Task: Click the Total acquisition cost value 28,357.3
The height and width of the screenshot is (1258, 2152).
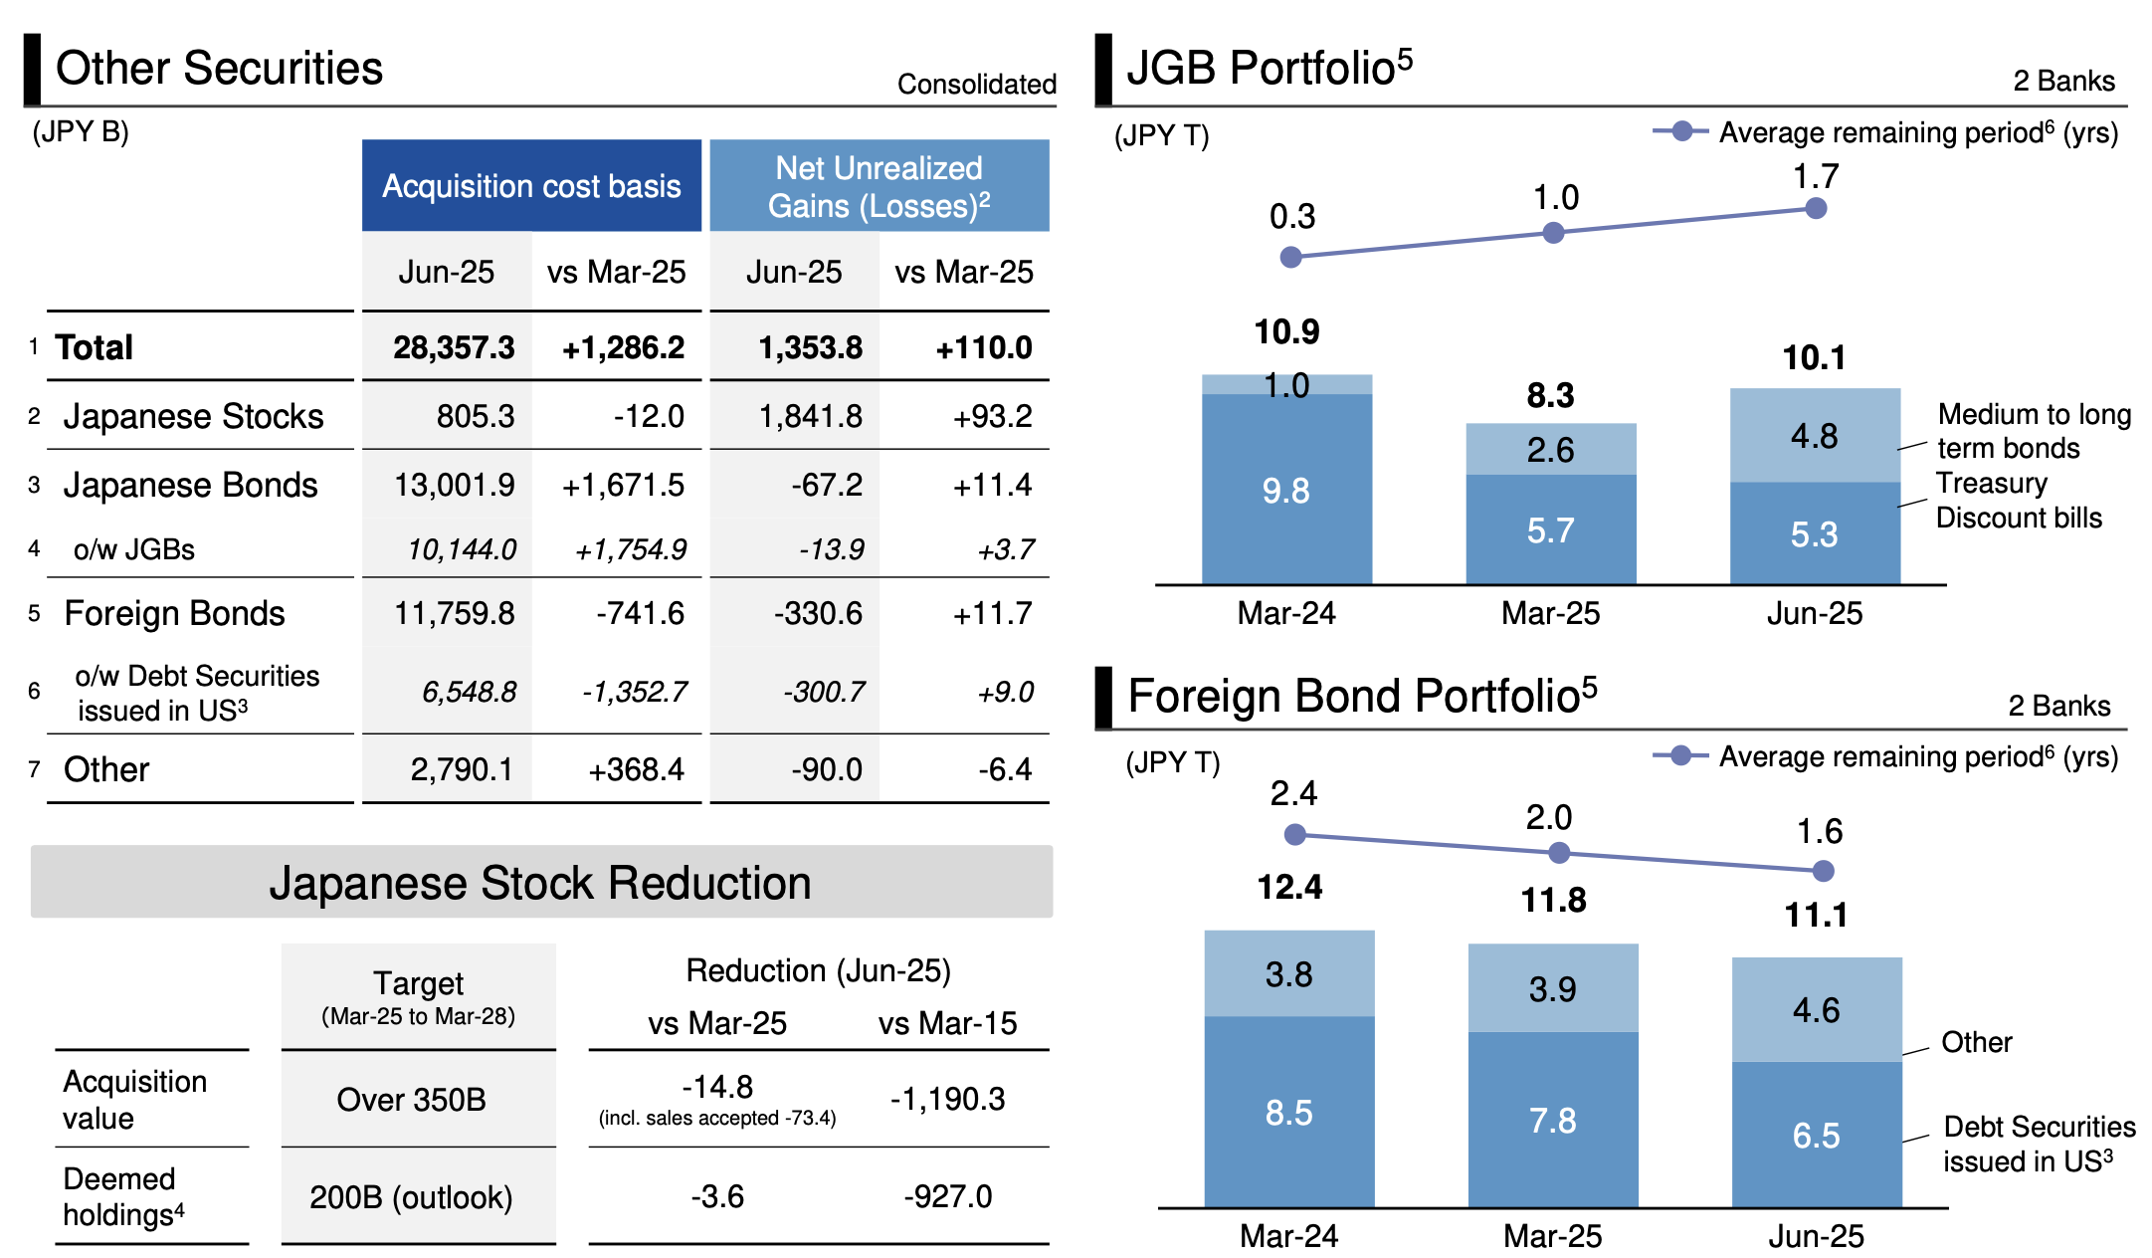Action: pyautogui.click(x=454, y=347)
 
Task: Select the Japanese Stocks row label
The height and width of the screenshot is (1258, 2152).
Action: pyautogui.click(x=193, y=416)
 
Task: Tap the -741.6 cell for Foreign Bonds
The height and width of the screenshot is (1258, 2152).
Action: pyautogui.click(x=640, y=613)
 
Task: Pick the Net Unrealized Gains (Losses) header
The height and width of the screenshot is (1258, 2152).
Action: pyautogui.click(x=880, y=186)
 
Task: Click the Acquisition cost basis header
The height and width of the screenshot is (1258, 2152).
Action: pyautogui.click(x=531, y=186)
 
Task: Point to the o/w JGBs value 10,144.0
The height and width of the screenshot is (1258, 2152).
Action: pyautogui.click(x=462, y=549)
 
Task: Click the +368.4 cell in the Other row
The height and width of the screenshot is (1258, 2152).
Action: pyautogui.click(x=636, y=769)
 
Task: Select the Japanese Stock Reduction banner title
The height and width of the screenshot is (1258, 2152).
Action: pyautogui.click(x=540, y=883)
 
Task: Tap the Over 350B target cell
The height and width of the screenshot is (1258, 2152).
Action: pyautogui.click(x=411, y=1099)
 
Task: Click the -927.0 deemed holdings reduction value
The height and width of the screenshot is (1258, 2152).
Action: pyautogui.click(x=947, y=1195)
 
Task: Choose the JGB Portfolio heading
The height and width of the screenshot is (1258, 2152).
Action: pyautogui.click(x=1269, y=68)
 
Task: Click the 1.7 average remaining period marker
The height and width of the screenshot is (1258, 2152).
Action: pyautogui.click(x=1816, y=209)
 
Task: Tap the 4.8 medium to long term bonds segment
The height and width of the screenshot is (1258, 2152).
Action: pyautogui.click(x=1814, y=436)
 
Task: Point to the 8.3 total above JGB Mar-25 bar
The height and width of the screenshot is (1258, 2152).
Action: pyautogui.click(x=1550, y=395)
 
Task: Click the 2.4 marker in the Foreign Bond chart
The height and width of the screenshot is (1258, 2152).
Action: pyautogui.click(x=1294, y=835)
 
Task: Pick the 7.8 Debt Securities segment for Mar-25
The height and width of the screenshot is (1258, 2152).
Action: pyautogui.click(x=1552, y=1121)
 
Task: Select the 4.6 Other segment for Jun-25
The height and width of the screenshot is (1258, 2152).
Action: pyautogui.click(x=1816, y=1010)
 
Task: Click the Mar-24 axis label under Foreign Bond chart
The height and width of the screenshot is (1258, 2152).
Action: pyautogui.click(x=1288, y=1236)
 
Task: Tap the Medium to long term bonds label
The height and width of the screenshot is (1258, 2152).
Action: pyautogui.click(x=2033, y=431)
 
